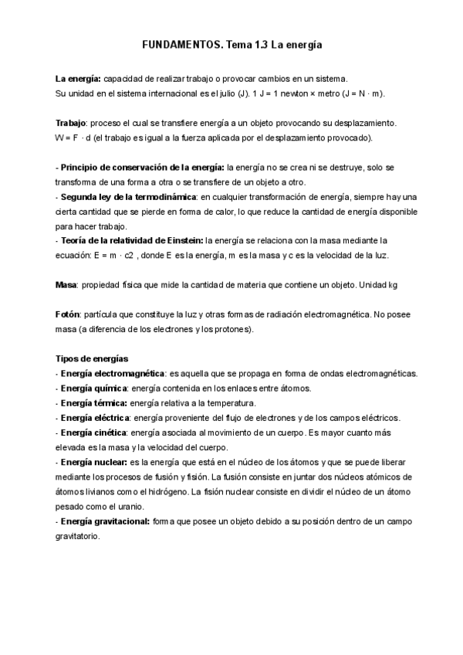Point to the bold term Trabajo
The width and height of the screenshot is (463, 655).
71,124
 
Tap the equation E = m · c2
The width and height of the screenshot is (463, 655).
121,256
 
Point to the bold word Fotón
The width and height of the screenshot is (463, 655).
69,314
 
